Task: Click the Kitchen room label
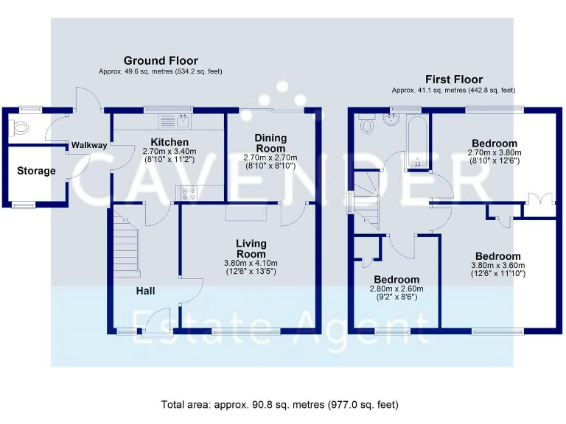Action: [x=170, y=142]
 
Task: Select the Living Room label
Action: [x=251, y=249]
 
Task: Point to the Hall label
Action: [x=145, y=291]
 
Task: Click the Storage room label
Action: [x=36, y=171]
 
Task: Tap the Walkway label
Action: [x=89, y=146]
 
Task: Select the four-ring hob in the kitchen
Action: [x=186, y=194]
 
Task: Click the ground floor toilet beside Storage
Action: [x=20, y=129]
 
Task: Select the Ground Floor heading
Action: [x=160, y=60]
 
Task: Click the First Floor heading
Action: [x=453, y=79]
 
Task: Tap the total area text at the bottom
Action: [x=280, y=404]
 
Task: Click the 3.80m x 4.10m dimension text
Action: [x=251, y=264]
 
